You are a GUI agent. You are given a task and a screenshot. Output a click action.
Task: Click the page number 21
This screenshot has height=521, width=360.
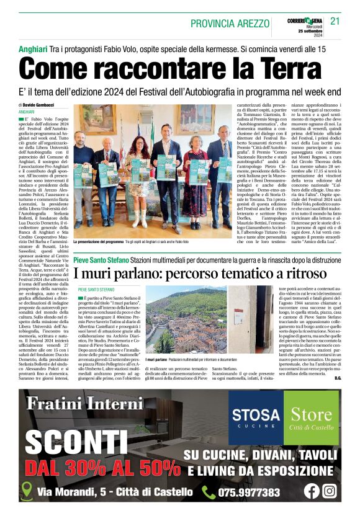point(335,23)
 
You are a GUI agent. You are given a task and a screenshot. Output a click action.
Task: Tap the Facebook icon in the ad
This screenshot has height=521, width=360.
point(312,491)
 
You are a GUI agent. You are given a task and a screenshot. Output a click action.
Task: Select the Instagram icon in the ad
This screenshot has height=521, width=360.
point(330,491)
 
